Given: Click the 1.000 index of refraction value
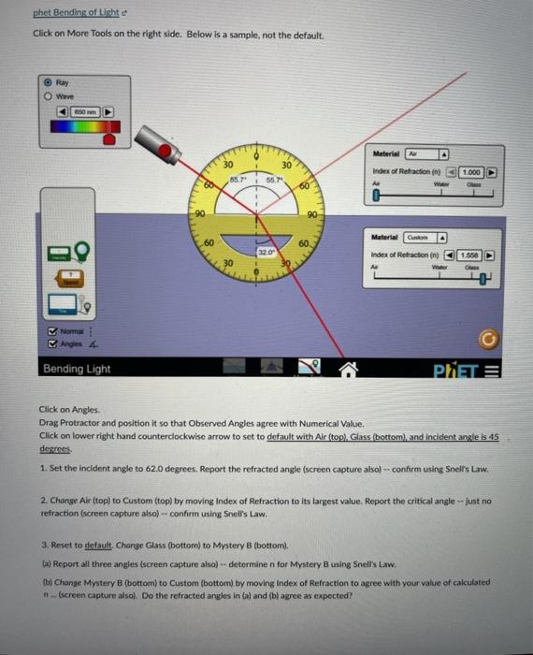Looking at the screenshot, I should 472,172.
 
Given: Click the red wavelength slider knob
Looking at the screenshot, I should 110,138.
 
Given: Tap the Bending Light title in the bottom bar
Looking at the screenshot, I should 77,369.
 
